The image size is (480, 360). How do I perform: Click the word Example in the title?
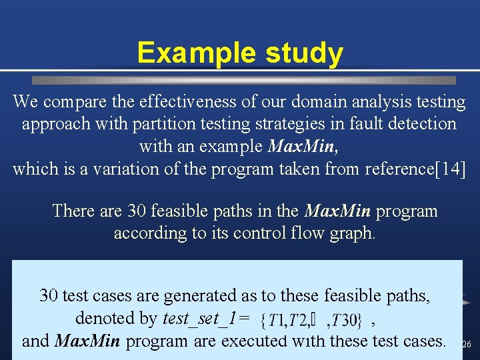181,53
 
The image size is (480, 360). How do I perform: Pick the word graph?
352,233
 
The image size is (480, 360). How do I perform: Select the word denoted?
116,318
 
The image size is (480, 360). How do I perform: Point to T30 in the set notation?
345,321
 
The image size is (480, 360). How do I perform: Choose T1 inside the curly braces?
279,321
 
